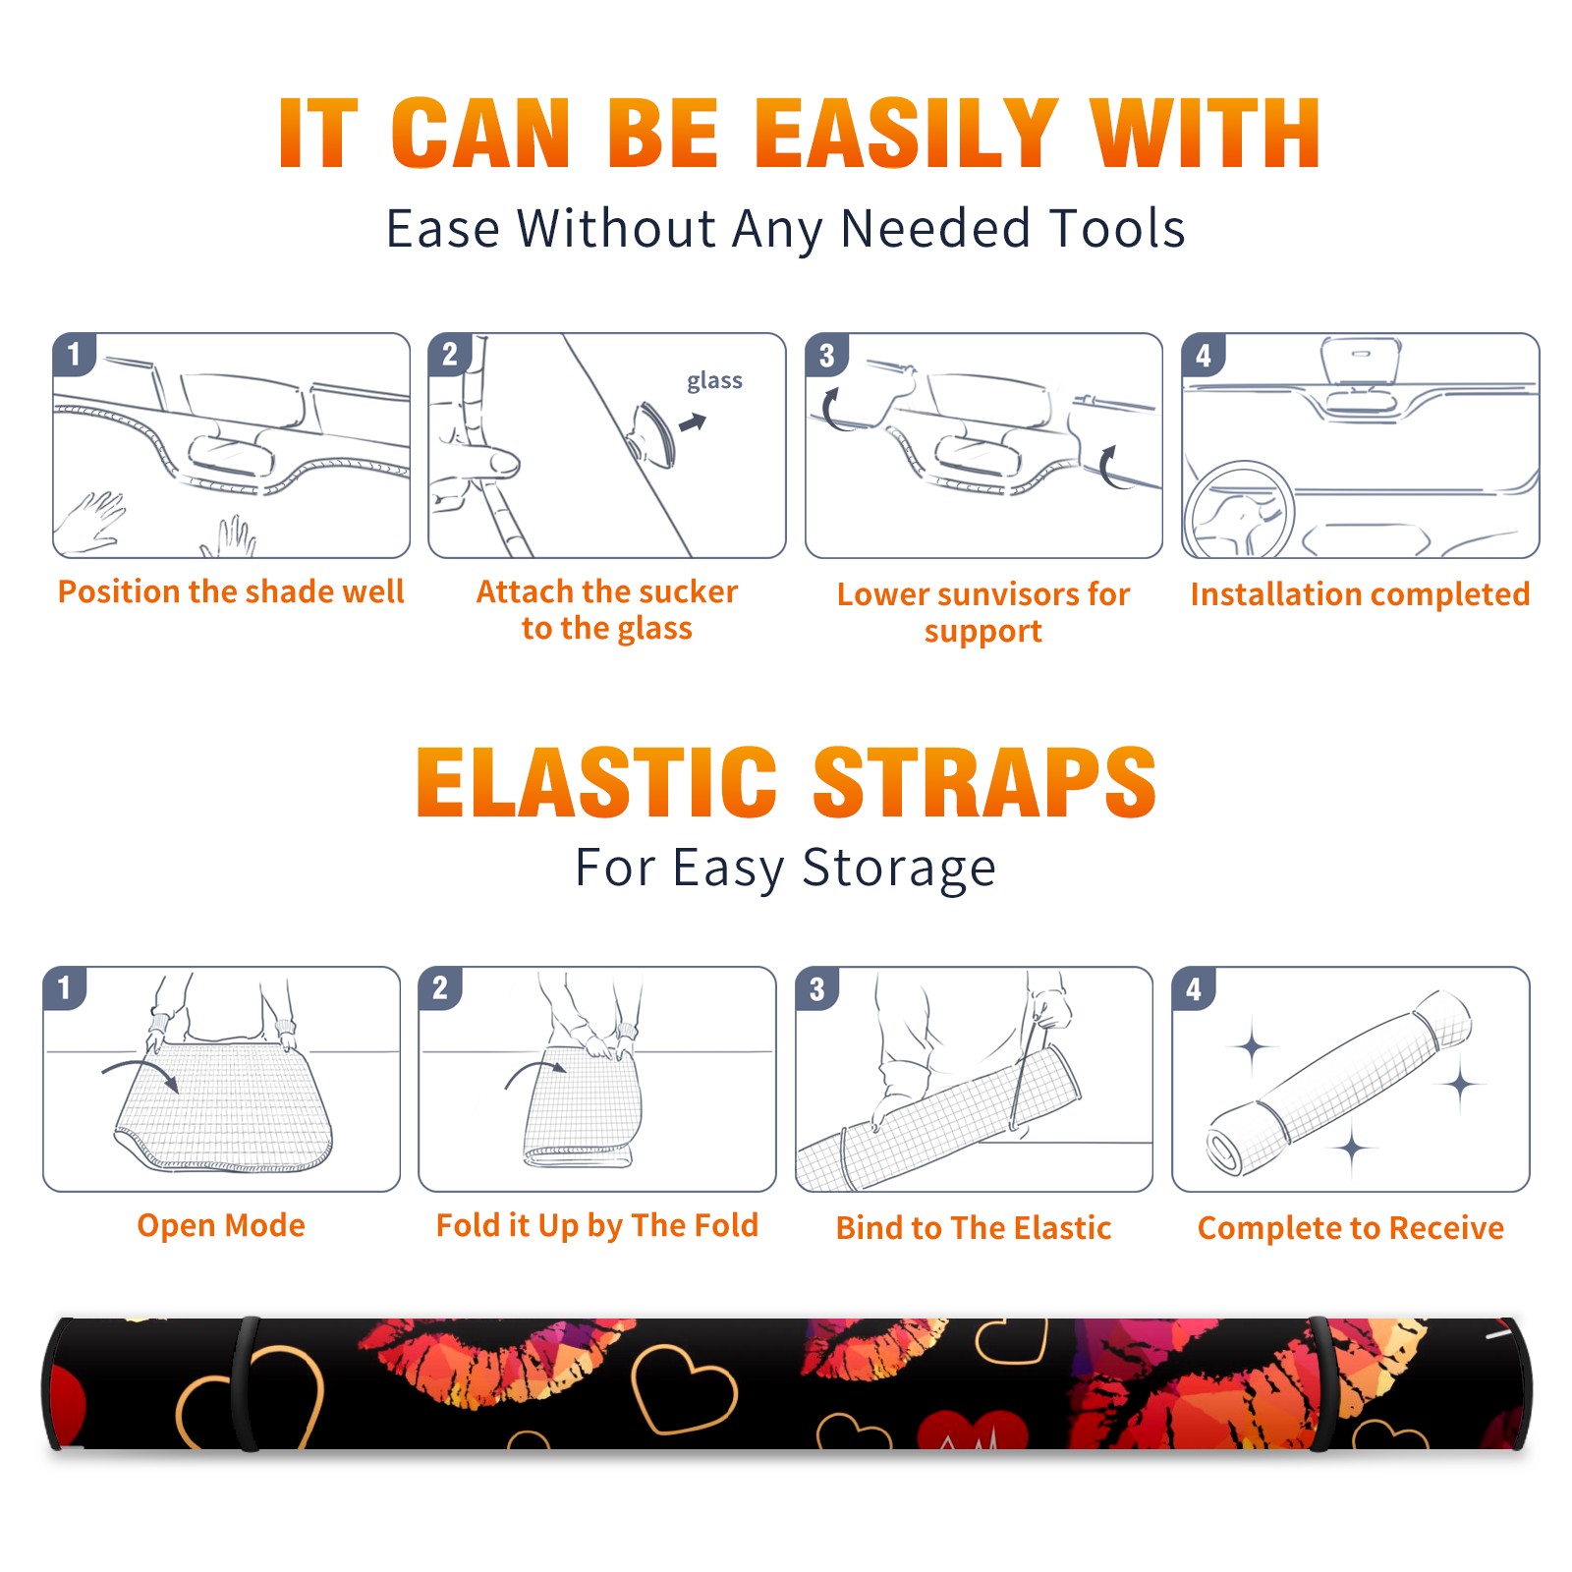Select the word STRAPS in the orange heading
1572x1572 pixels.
pos(984,782)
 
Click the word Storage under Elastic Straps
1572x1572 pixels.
pos(899,869)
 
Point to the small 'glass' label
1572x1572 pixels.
pos(714,381)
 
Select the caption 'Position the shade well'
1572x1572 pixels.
pos(231,591)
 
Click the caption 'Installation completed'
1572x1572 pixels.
pos(1360,594)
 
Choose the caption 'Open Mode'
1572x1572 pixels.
pos(221,1225)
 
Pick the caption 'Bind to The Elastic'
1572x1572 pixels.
pos(973,1228)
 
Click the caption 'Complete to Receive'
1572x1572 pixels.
pos(1351,1228)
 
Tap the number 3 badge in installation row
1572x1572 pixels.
pos(826,355)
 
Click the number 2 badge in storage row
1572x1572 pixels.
pos(440,987)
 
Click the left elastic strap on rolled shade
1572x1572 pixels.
pos(247,1384)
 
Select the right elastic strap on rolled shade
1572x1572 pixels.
pos(1321,1384)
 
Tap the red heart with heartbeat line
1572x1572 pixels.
pos(972,1431)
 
